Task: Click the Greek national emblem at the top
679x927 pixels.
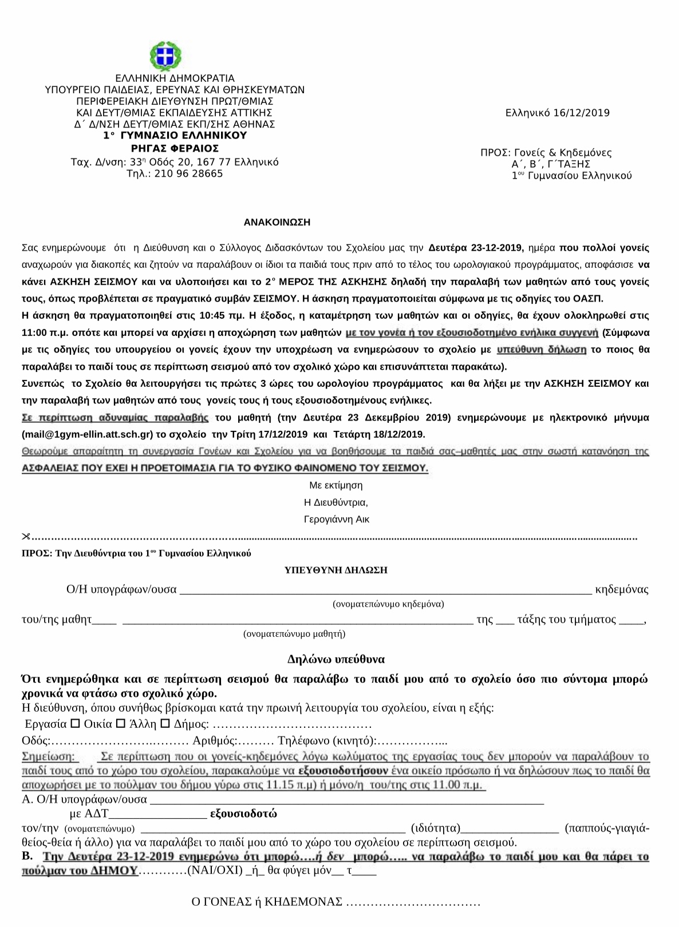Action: (x=165, y=57)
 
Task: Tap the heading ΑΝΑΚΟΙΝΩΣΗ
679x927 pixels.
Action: (x=277, y=222)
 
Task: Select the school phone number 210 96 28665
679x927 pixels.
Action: (x=188, y=173)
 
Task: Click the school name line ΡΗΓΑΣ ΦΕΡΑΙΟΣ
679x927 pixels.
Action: (x=175, y=148)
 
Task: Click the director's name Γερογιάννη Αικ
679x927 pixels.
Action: (x=337, y=520)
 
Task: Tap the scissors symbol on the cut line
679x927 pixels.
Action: (x=25, y=537)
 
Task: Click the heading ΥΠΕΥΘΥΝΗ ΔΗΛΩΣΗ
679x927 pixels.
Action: (x=336, y=570)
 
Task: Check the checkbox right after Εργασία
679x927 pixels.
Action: (x=75, y=723)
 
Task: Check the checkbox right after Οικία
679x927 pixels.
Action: (x=120, y=723)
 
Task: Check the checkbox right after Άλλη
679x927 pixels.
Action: (x=165, y=723)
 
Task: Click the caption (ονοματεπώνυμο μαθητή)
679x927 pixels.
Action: (x=294, y=633)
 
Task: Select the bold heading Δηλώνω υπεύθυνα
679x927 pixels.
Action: (x=336, y=659)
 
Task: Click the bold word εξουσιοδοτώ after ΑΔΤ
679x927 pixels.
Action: (x=244, y=814)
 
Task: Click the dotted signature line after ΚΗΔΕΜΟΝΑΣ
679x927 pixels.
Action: (x=413, y=902)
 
